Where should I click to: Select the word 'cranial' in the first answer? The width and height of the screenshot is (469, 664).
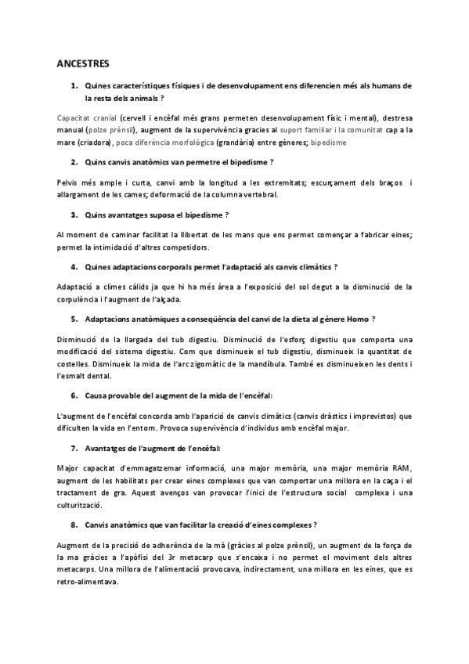(x=99, y=116)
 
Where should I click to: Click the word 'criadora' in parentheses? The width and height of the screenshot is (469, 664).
(x=96, y=143)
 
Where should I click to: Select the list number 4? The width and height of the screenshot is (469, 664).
(x=74, y=267)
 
